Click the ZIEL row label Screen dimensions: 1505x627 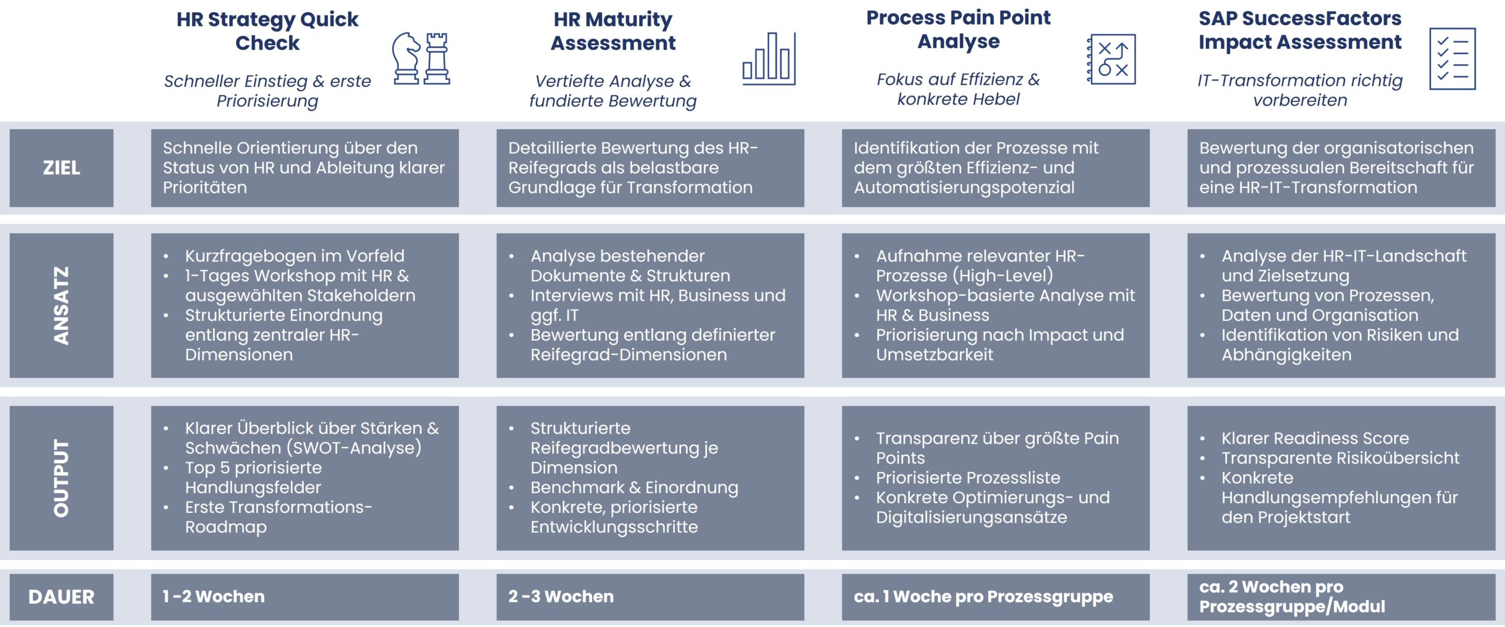[x=61, y=168]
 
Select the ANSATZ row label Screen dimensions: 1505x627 [x=61, y=306]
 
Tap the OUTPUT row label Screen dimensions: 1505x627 [x=61, y=478]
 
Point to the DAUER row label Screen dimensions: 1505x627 [x=61, y=597]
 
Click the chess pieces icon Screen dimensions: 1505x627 [x=422, y=58]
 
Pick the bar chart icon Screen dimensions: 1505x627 [x=769, y=59]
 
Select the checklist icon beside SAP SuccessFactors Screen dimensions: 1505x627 [x=1452, y=59]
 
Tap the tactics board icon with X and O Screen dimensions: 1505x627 [x=1111, y=59]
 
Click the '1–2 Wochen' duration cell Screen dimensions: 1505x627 [x=305, y=597]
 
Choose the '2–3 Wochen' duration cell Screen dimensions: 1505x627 [x=650, y=597]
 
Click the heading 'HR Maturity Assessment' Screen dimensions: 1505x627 [x=613, y=31]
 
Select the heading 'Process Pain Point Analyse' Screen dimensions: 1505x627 [x=958, y=29]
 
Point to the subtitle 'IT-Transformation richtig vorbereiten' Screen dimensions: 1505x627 [x=1300, y=90]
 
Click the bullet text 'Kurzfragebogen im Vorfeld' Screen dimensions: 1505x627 [x=295, y=256]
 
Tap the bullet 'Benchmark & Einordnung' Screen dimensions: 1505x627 [x=634, y=488]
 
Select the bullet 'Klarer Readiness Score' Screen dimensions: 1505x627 [x=1315, y=438]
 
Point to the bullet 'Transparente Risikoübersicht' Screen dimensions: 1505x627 [x=1340, y=458]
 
